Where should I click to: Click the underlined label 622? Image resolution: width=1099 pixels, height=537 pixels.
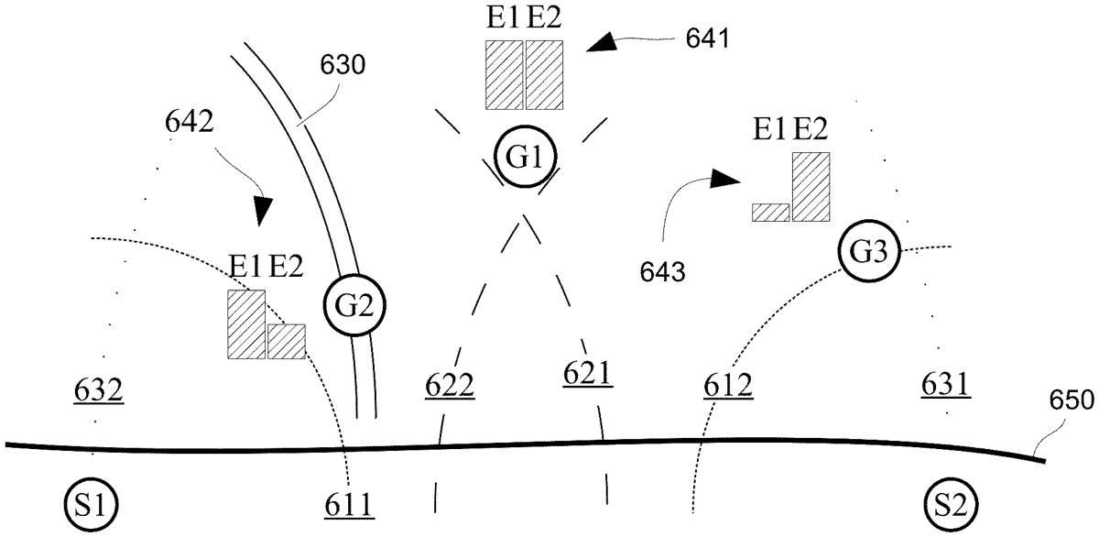(450, 385)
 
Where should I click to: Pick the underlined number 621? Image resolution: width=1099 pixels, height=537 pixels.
(586, 373)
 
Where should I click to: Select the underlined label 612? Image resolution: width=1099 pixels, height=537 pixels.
(728, 386)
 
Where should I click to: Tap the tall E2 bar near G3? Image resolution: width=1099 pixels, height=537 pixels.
(811, 186)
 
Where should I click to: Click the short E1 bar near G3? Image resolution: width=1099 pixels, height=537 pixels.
(770, 212)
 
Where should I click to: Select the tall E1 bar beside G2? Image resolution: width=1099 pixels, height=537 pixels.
(246, 323)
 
